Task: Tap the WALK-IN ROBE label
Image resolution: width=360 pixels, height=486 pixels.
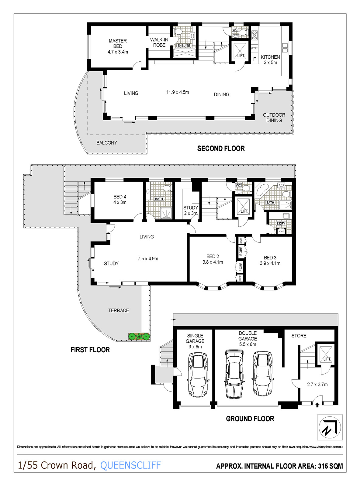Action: (159, 42)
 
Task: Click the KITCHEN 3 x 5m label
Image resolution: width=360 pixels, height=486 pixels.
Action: (270, 60)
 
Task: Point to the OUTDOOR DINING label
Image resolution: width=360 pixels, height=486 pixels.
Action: (274, 118)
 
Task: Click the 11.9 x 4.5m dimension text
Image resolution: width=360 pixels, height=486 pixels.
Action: (178, 92)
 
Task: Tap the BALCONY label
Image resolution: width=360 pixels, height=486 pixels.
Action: (107, 143)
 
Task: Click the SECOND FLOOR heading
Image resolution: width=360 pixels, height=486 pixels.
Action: (221, 149)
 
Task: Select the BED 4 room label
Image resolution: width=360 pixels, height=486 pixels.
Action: (120, 200)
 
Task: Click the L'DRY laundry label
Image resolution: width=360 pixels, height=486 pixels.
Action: (281, 223)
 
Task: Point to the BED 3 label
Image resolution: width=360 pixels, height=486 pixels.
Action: (270, 260)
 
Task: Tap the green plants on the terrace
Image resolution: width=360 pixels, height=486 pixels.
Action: (139, 336)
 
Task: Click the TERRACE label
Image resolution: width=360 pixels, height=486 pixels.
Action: (119, 310)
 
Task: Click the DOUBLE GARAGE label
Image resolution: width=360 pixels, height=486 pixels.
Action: (247, 339)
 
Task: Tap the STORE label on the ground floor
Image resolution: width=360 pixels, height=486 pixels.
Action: (299, 336)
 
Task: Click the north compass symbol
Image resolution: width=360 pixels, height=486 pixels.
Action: (330, 427)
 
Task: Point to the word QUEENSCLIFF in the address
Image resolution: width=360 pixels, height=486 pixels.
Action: (130, 465)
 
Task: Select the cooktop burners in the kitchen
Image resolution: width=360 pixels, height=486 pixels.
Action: (254, 35)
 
